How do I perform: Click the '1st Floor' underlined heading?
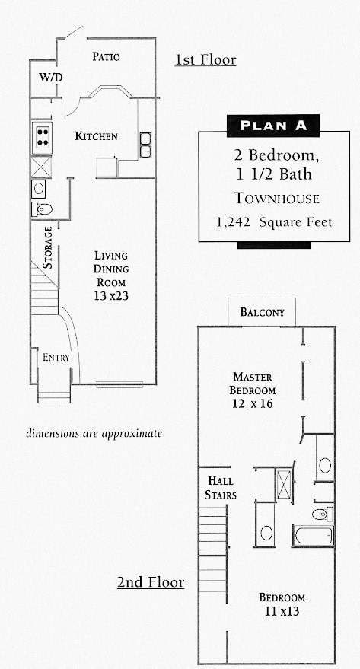click(205, 59)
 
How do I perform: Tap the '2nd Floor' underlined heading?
click(150, 582)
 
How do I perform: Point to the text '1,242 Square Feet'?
click(274, 223)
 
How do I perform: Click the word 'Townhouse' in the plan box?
click(276, 199)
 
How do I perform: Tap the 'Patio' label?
click(106, 56)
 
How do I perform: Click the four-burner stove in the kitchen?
click(42, 137)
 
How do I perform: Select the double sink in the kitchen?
click(145, 145)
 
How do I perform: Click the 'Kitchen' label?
click(96, 136)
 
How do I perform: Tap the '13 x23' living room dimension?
click(111, 296)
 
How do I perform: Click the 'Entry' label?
click(56, 358)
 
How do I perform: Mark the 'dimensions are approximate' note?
click(94, 433)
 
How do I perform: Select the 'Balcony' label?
click(262, 312)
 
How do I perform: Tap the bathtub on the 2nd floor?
click(313, 536)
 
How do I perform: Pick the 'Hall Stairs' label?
click(221, 488)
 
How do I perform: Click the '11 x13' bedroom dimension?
click(282, 610)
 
